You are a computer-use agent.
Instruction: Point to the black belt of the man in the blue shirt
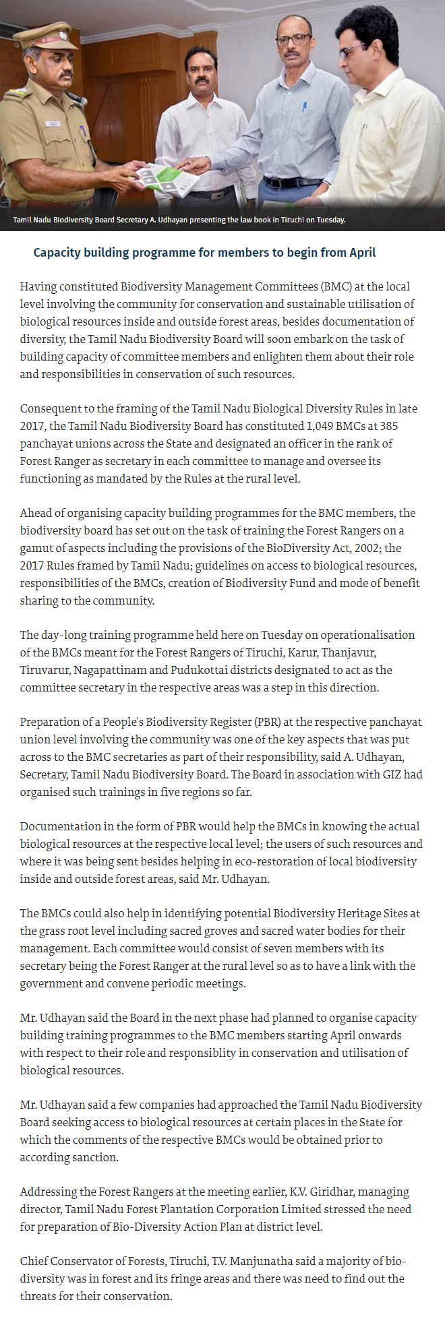point(291,182)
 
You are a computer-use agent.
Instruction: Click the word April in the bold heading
point(362,252)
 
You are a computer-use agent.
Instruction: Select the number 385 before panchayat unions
point(388,426)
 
